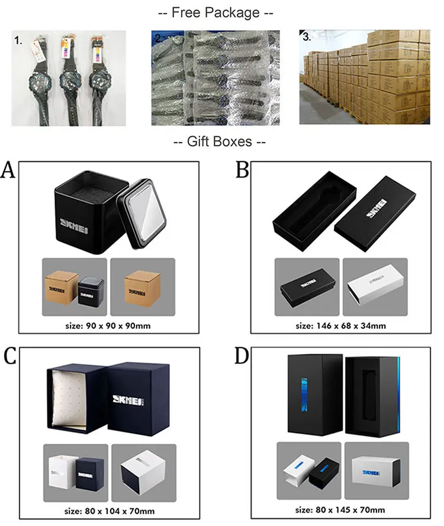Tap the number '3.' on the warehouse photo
coord(306,37)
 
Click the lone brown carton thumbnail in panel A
coord(142,286)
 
